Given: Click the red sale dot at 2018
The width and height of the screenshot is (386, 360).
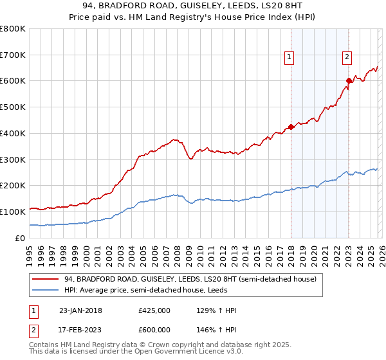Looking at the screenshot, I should click(x=291, y=127).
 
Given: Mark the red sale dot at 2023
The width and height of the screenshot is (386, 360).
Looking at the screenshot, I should click(x=349, y=80).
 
